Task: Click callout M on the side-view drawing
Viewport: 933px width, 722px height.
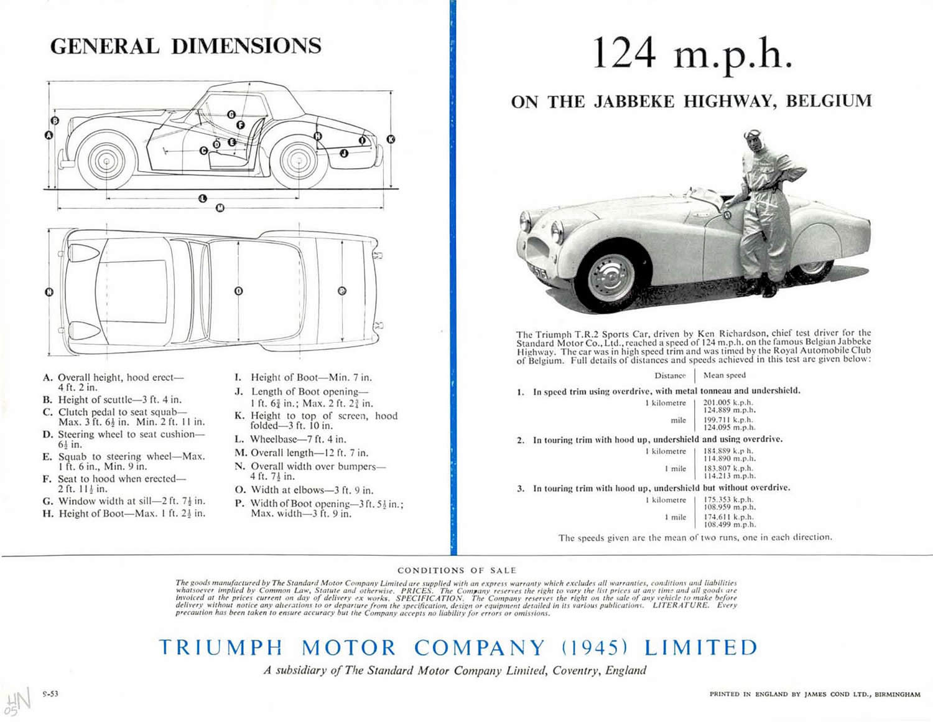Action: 220,208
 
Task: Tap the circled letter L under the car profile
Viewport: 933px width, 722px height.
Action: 202,199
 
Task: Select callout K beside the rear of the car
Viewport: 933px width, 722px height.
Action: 391,139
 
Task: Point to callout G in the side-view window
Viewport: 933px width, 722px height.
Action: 231,115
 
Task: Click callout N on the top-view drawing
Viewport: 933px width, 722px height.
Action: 49,291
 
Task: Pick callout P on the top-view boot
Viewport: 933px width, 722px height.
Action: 341,291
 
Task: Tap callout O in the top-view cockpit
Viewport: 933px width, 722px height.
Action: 238,291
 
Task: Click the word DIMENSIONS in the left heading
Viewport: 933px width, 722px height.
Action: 246,46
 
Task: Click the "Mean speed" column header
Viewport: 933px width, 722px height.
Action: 724,375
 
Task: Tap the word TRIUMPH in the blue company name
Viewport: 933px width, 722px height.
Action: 221,648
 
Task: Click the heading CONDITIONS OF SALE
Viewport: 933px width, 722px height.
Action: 457,570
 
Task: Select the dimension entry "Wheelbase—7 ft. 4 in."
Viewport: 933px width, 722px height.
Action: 290,439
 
